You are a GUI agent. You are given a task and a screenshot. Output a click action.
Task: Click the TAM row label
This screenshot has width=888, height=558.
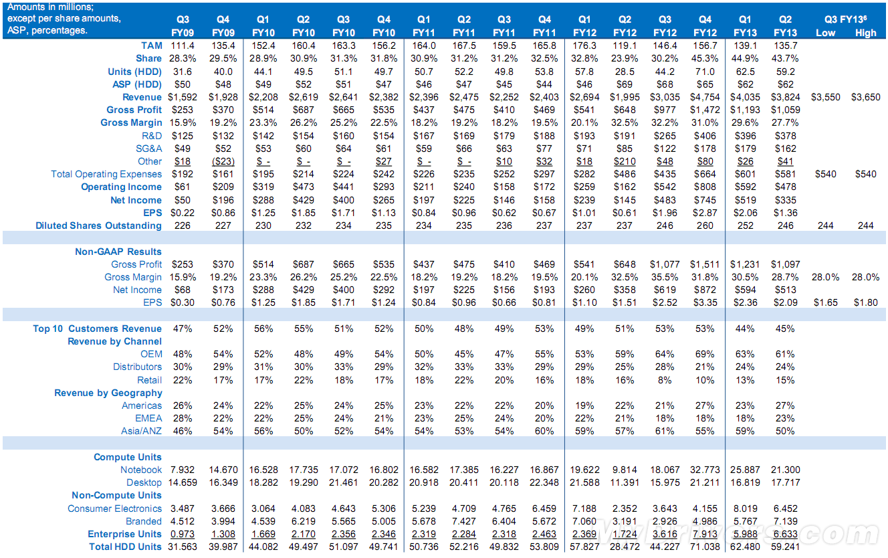(x=151, y=45)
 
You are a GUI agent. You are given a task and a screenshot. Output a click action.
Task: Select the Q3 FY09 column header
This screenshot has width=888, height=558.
(x=183, y=26)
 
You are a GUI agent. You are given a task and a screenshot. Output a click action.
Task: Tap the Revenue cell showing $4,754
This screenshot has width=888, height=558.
(x=705, y=97)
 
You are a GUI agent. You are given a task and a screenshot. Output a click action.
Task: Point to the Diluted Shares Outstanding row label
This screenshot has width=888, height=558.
(x=98, y=225)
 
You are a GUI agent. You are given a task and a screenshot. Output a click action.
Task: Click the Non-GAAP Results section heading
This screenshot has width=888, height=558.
(x=118, y=252)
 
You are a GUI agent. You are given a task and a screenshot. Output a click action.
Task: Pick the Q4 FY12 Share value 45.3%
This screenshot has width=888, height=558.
(x=705, y=59)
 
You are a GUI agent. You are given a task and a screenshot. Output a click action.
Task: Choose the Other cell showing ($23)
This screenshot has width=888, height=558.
(x=223, y=161)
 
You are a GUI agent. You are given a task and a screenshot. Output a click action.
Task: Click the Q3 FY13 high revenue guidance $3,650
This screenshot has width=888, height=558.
(x=866, y=97)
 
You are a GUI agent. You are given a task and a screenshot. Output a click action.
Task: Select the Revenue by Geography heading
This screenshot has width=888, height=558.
(x=108, y=393)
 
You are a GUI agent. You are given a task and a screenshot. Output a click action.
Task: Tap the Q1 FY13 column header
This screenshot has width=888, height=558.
(x=746, y=26)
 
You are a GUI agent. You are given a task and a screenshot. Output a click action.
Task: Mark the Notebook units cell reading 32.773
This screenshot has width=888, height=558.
(x=705, y=470)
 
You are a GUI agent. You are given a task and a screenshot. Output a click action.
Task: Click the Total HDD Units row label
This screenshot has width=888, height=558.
(x=125, y=547)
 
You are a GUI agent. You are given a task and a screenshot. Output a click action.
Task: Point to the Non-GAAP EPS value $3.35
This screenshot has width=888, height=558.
(x=705, y=302)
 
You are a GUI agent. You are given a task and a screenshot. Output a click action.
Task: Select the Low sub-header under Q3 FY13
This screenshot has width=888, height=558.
(x=825, y=33)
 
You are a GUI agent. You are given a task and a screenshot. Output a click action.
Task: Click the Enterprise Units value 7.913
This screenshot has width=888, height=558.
(x=705, y=534)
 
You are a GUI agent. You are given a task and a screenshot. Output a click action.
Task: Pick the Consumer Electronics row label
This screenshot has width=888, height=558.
(x=114, y=508)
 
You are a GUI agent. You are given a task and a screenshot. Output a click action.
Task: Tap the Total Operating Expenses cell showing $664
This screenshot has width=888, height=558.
(x=705, y=174)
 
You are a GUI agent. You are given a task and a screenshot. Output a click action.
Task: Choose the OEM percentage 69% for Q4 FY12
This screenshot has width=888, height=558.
(x=705, y=354)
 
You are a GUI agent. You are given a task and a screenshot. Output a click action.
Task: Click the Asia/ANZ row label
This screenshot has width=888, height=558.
(x=142, y=431)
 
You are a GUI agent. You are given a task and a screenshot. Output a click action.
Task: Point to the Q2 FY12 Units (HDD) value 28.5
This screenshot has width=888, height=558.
(x=625, y=72)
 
